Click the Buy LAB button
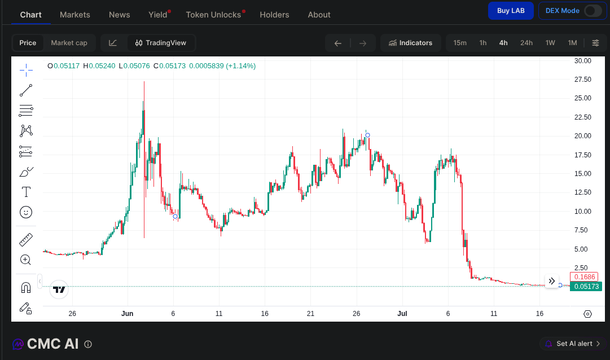click(x=511, y=11)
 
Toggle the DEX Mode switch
click(x=593, y=11)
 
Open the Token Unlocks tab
click(x=213, y=15)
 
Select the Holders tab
click(x=274, y=15)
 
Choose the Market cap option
click(x=69, y=43)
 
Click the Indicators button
click(x=410, y=43)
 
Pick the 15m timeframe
click(x=460, y=43)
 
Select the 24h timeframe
click(x=526, y=43)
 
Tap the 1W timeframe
click(x=550, y=43)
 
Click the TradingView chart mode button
click(x=161, y=43)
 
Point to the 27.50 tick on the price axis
click(x=583, y=80)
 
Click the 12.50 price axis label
click(x=583, y=192)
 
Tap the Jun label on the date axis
click(x=127, y=314)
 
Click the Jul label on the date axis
click(x=402, y=314)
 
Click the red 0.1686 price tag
click(x=584, y=276)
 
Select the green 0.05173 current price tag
click(x=586, y=287)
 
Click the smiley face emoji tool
click(x=26, y=212)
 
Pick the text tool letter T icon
click(x=26, y=192)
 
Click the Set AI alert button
click(x=574, y=344)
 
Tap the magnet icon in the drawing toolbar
click(x=26, y=288)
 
